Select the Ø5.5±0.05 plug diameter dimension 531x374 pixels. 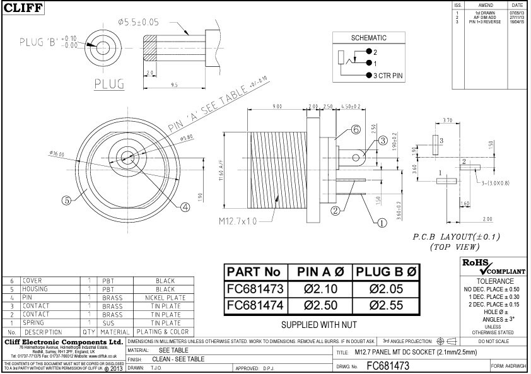pyautogui.click(x=138, y=21)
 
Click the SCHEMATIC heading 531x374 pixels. pyautogui.click(x=368, y=38)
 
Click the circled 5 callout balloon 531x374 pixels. pyautogui.click(x=66, y=201)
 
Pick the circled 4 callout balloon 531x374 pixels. pyautogui.click(x=185, y=206)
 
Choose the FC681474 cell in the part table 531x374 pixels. pyautogui.click(x=255, y=305)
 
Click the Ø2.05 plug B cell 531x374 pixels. pyautogui.click(x=385, y=289)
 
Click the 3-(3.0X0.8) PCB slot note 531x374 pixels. pyautogui.click(x=495, y=184)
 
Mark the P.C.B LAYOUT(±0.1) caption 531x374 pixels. pyautogui.click(x=448, y=237)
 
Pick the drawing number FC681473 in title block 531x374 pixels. pyautogui.click(x=388, y=365)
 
